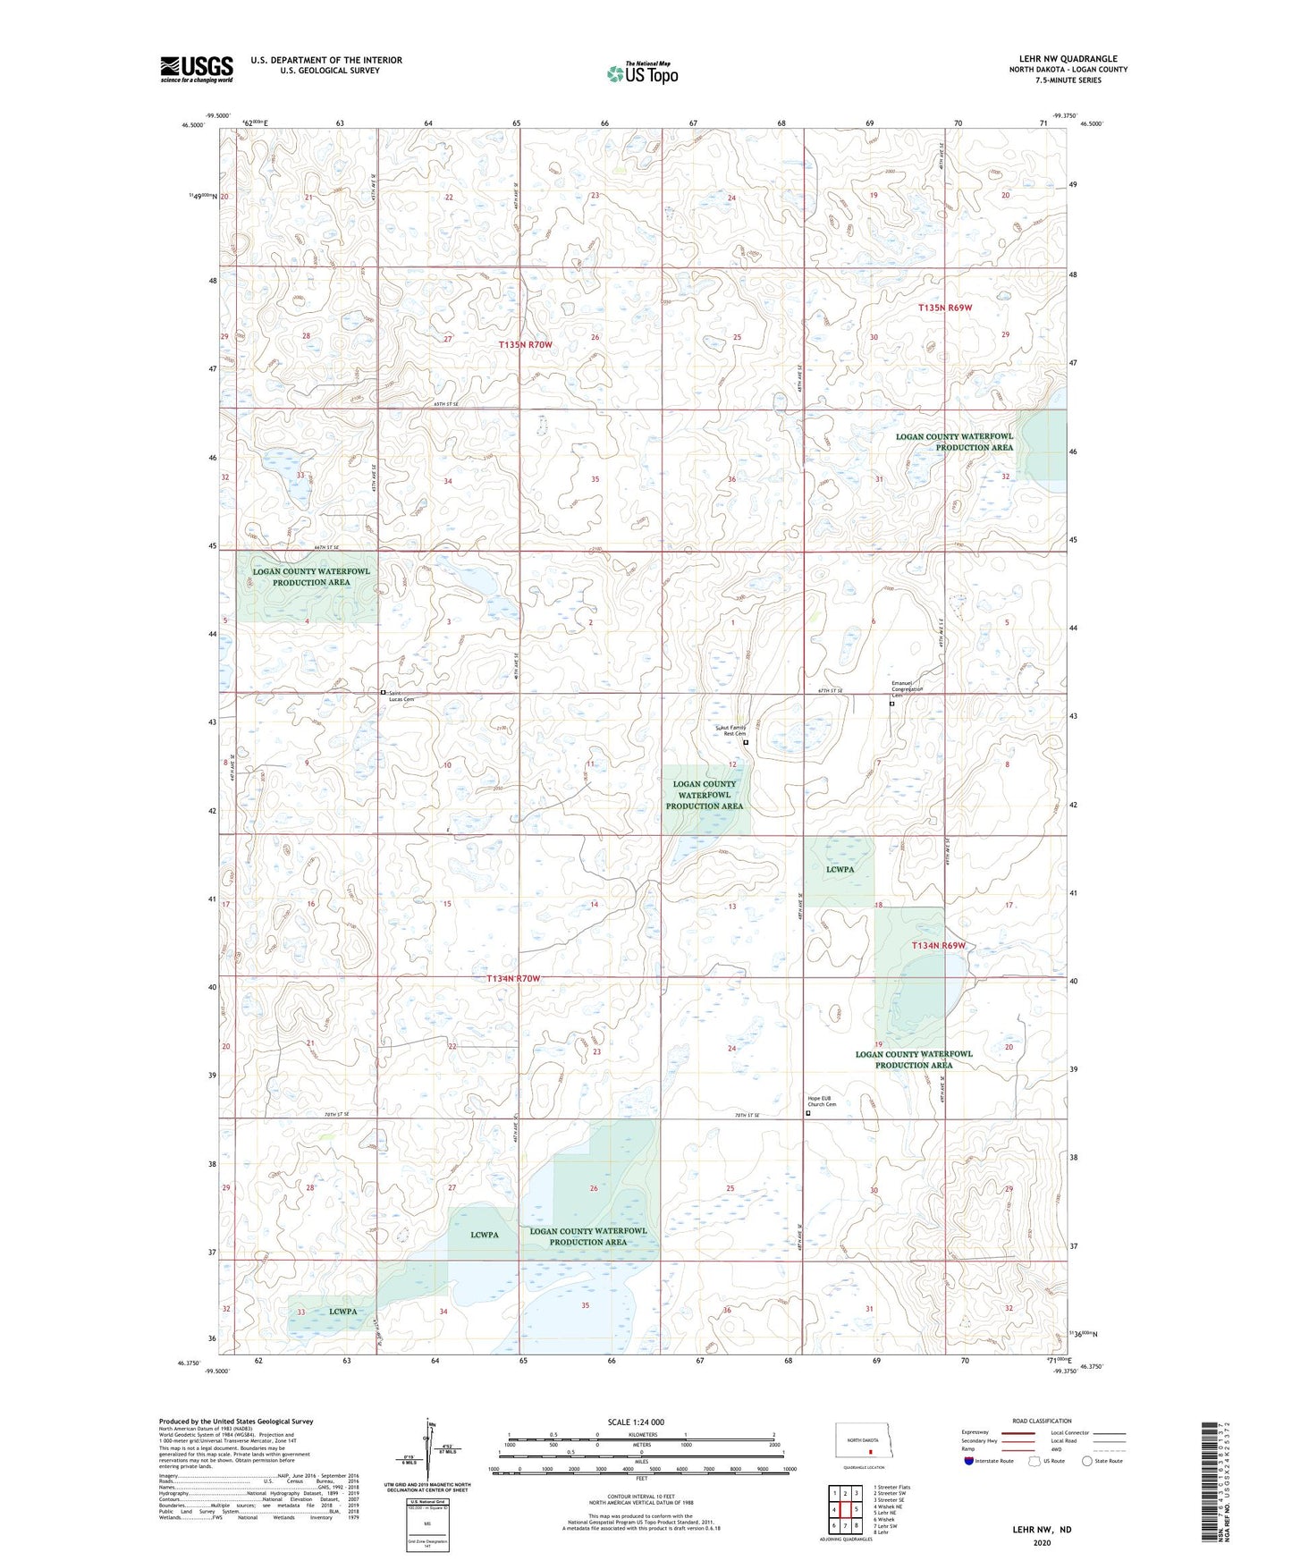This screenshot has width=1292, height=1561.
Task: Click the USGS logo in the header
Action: point(196,69)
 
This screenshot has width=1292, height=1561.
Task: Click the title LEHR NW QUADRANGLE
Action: point(1068,59)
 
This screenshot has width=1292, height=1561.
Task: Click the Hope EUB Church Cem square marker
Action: point(808,1113)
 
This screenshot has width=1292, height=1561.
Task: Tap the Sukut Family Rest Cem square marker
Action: point(746,742)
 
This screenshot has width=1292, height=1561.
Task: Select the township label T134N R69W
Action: point(938,945)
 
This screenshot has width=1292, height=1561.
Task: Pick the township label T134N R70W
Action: point(513,978)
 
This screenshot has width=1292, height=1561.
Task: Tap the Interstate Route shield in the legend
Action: point(970,1461)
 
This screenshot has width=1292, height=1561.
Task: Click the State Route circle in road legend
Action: point(1087,1461)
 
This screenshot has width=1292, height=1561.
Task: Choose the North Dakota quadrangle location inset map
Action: point(863,1443)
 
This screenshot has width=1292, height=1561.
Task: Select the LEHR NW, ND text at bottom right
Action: point(1042,1530)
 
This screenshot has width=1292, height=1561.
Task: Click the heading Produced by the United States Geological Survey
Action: point(236,1421)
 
